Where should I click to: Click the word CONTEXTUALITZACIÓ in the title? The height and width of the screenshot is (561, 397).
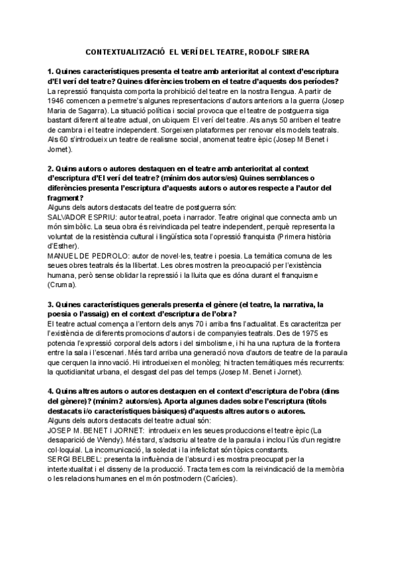pyautogui.click(x=126, y=51)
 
